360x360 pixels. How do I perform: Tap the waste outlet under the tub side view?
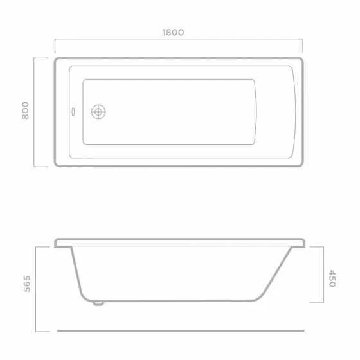99,303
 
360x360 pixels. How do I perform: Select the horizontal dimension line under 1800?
179,41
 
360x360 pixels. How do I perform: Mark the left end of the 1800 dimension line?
55,41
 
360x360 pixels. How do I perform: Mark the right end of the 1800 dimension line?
302,41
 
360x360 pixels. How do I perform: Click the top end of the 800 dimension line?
36,58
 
